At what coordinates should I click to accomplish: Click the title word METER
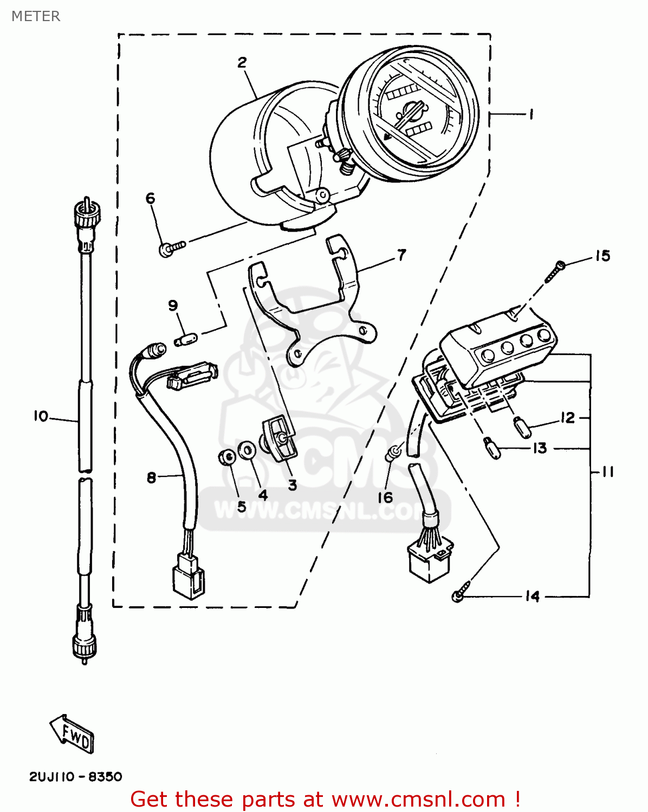(x=36, y=16)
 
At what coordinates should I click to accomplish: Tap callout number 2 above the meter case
(x=242, y=62)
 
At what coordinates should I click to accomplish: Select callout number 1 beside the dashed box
(x=531, y=114)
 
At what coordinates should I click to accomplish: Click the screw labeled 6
(x=171, y=248)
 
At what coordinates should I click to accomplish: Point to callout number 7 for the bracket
(x=401, y=255)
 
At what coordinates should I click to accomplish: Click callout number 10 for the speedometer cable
(x=41, y=416)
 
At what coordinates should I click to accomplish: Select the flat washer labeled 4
(x=247, y=449)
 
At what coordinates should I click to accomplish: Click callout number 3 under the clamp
(x=292, y=485)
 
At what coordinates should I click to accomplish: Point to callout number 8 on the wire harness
(x=152, y=477)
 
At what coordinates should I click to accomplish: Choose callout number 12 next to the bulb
(x=567, y=418)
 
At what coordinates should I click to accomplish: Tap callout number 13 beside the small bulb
(x=540, y=448)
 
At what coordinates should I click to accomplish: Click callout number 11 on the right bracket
(x=608, y=472)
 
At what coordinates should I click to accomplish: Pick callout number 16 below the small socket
(x=385, y=497)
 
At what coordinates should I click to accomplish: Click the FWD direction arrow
(x=72, y=734)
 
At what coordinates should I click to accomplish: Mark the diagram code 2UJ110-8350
(x=75, y=777)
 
